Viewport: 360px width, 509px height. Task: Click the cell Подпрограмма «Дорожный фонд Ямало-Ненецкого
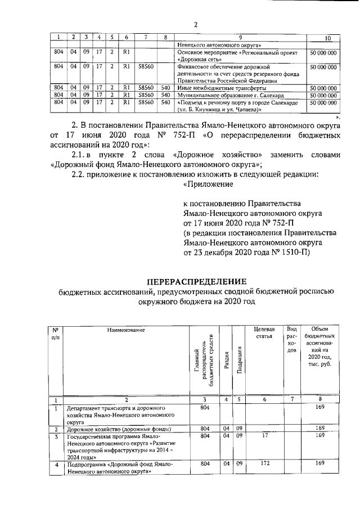click(118, 468)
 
